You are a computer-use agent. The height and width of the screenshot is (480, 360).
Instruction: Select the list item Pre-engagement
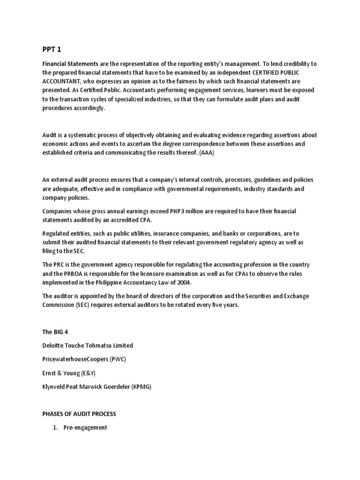(85, 427)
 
